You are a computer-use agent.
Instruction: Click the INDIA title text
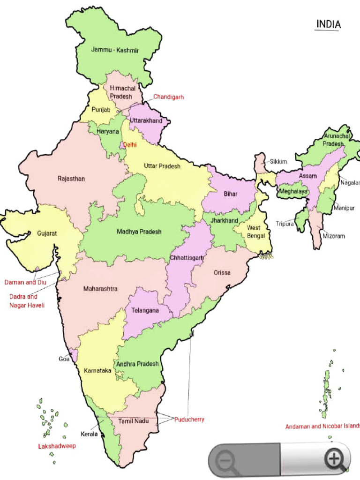click(x=328, y=24)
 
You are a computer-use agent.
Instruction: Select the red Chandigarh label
click(x=168, y=97)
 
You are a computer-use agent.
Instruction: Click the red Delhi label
click(x=130, y=145)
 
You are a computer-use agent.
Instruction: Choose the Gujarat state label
click(x=47, y=233)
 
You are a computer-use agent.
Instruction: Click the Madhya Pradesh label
click(x=139, y=232)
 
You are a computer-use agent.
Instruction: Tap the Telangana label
click(x=145, y=310)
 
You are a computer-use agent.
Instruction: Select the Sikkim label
click(x=278, y=162)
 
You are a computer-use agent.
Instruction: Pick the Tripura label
click(x=285, y=224)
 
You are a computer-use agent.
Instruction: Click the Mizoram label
click(x=334, y=236)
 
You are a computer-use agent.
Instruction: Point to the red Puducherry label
click(x=189, y=420)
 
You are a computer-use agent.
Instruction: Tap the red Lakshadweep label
click(x=57, y=446)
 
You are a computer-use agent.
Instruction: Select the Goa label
click(x=64, y=359)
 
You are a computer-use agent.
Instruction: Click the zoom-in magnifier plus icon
click(x=335, y=459)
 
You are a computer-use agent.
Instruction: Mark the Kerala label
click(x=89, y=434)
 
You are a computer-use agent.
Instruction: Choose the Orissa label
click(x=222, y=272)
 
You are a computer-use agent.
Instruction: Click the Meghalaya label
click(x=293, y=192)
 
